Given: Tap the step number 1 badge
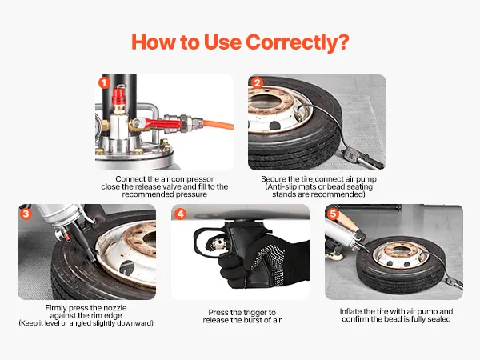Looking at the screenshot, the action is pos(104,82).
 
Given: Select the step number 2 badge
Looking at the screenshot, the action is pos(257,82).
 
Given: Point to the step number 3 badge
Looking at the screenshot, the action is pos(26,214).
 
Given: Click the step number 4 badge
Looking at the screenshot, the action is pos(181,214).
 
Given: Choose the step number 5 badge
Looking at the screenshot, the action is pos(333,214).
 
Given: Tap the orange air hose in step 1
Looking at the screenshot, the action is pos(218,124).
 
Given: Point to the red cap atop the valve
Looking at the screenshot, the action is pos(118,96).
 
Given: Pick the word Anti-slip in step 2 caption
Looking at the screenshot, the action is pos(282,186).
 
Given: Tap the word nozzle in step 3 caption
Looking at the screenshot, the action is pos(115,308).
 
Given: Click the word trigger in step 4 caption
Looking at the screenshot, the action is pos(254,313).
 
